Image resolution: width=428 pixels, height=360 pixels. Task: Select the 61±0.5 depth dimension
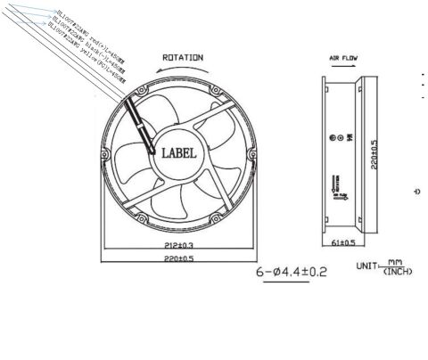click(342, 242)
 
